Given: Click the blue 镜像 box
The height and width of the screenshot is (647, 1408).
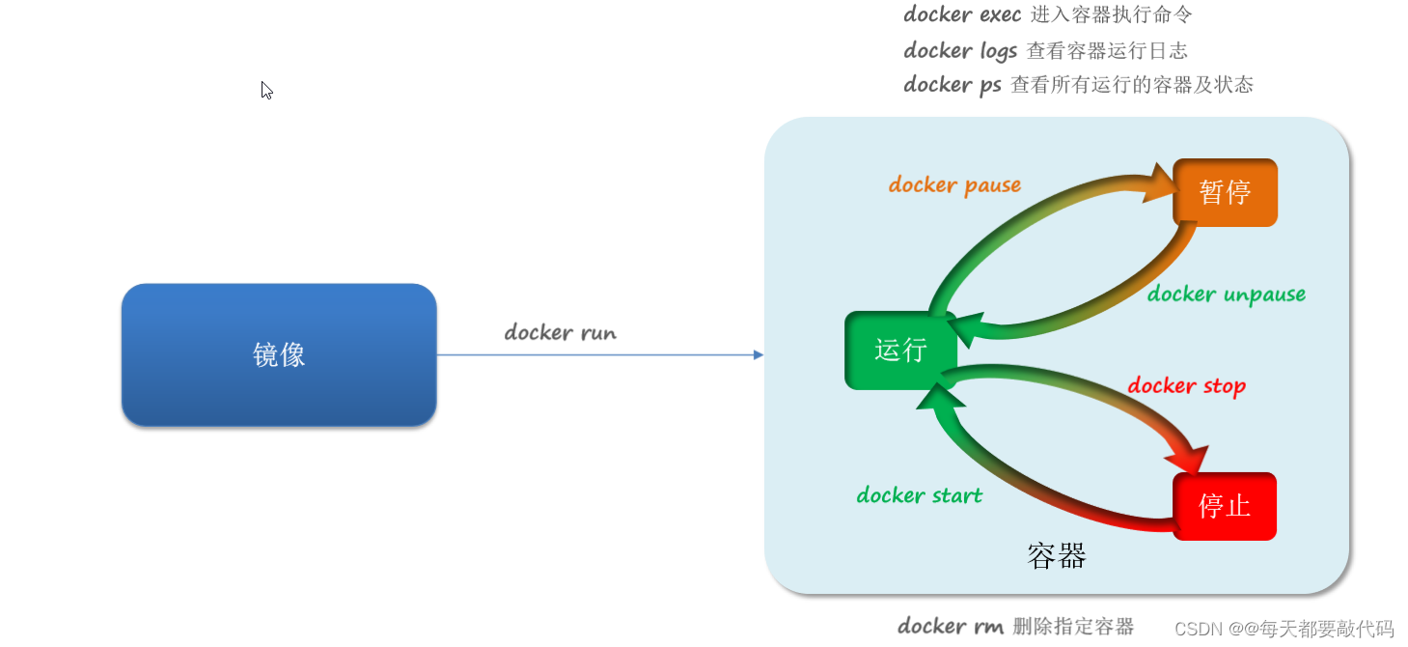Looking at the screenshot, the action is tap(279, 354).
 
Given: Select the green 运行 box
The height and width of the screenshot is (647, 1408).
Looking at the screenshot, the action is tap(900, 351).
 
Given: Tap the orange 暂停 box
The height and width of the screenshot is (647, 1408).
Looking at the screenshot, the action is tap(1225, 192).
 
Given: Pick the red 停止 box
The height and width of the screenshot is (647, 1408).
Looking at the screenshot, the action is tap(1225, 506).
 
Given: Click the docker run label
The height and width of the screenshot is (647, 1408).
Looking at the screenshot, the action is tap(560, 332).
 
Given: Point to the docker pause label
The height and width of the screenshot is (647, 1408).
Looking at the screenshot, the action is tap(954, 184).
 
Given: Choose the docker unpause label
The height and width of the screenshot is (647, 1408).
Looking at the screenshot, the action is tap(1227, 294).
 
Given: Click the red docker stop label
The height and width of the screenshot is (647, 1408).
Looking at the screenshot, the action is tap(1187, 385).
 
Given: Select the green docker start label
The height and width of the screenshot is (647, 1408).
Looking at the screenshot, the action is tap(919, 494).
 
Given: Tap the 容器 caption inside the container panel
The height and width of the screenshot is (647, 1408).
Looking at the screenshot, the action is tap(1057, 556).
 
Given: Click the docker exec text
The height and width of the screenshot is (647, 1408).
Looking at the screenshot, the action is tap(962, 14).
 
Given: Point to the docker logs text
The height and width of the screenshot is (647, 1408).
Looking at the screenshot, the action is tap(960, 50).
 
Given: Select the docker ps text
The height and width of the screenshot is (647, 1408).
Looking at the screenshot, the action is tap(952, 85).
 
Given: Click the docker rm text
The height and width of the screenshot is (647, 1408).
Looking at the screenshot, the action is tap(951, 626).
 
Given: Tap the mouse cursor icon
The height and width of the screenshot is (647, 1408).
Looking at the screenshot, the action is tap(267, 91).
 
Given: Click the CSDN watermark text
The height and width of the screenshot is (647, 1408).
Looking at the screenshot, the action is tap(1284, 628).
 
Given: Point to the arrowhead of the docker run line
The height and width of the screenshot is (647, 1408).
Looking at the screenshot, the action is tap(759, 354).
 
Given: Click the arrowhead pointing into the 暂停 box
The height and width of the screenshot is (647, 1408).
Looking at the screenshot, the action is tap(1160, 183).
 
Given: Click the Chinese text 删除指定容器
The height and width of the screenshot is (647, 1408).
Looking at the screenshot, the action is tap(1073, 627).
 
